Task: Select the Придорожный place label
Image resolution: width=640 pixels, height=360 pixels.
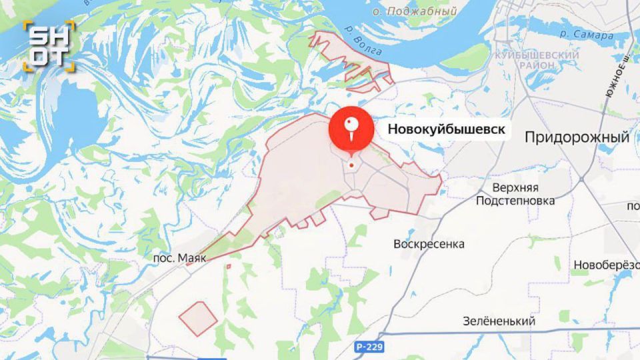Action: (577, 138)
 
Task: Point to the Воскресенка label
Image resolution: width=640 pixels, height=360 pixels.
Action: (429, 244)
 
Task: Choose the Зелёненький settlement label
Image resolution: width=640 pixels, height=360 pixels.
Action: (499, 321)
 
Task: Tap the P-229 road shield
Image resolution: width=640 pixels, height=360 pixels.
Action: (369, 347)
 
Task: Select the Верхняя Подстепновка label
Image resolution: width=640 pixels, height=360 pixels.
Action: (515, 194)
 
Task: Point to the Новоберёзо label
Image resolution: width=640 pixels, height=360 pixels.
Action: (605, 265)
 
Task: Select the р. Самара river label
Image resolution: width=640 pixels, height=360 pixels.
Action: (586, 35)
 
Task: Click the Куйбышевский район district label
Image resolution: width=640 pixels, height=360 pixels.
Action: (527, 59)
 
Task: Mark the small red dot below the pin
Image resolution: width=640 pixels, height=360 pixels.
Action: (351, 165)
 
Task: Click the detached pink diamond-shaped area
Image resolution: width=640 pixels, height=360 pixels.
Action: (198, 318)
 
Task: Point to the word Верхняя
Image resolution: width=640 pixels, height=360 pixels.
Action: (515, 187)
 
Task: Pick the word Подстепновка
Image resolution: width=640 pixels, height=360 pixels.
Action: (515, 201)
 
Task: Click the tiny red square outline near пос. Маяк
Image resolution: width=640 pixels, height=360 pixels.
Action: (229, 267)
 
